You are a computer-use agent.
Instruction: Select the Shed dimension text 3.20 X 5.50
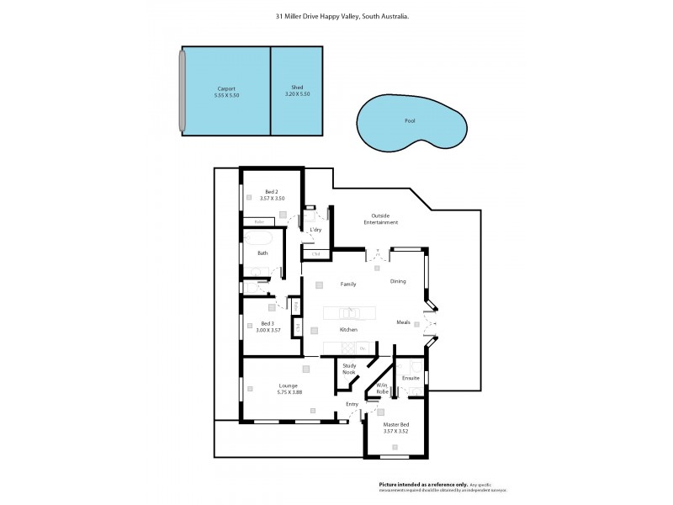(x=297, y=94)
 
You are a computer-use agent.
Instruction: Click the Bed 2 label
(x=271, y=191)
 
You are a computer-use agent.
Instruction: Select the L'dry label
(x=316, y=230)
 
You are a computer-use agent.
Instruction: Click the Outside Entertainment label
(x=380, y=219)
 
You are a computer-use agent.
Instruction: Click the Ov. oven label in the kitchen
(x=362, y=348)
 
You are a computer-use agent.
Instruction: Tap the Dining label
(x=398, y=281)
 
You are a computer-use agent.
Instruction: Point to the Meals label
(x=404, y=322)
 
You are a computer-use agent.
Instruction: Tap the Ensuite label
(x=411, y=379)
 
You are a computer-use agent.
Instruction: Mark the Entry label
(x=352, y=405)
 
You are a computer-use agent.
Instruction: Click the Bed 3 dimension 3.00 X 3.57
(x=268, y=330)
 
